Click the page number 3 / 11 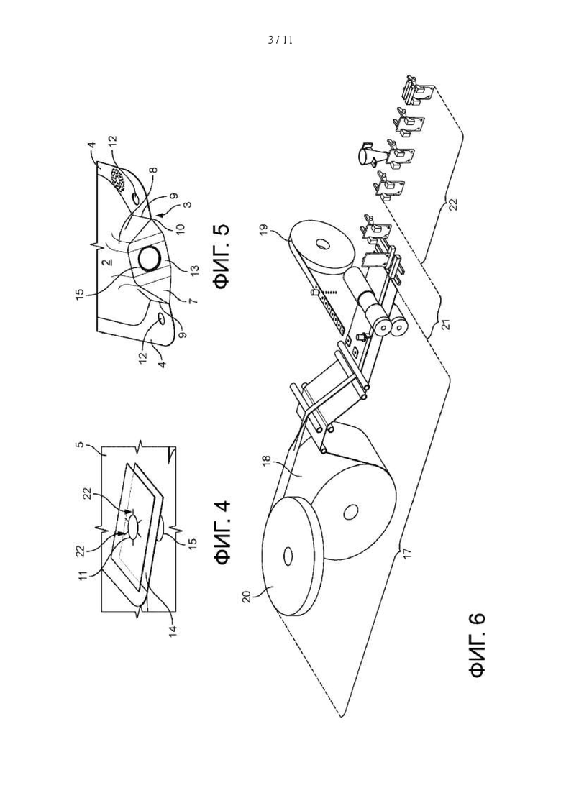[x=280, y=40]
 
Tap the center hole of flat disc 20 [x=287, y=556]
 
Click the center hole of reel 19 [x=321, y=244]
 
